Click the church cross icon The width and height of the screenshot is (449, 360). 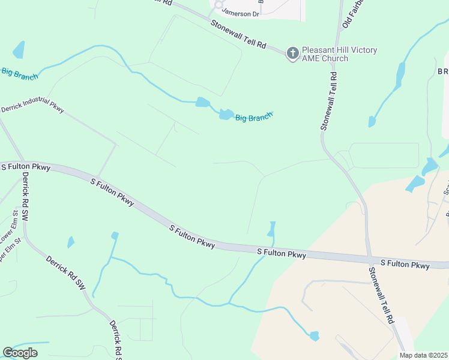point(292,54)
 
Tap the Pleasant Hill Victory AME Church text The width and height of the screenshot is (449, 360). point(340,54)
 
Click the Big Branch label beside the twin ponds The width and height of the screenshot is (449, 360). point(253,117)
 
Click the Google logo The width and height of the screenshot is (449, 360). point(20,353)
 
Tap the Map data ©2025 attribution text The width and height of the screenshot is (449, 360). point(424,355)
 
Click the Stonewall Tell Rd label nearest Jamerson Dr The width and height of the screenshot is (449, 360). point(238,33)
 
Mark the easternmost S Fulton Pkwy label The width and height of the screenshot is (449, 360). point(405,264)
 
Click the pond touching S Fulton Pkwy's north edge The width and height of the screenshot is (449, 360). point(271,230)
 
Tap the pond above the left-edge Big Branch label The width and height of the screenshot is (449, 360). point(19,50)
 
